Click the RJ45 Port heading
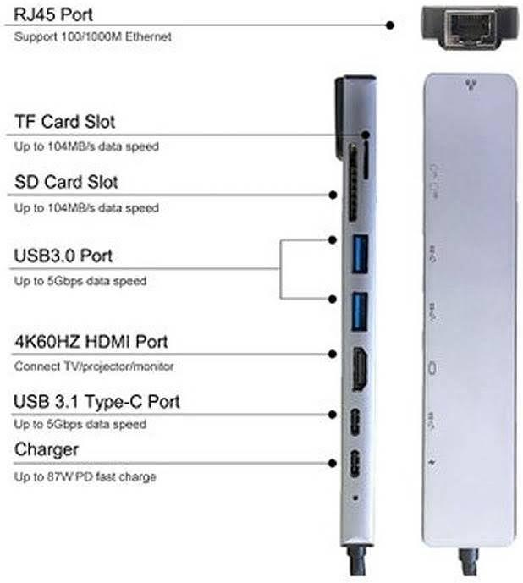[x=53, y=14]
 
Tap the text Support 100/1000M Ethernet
[x=92, y=37]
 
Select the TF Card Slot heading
[x=64, y=122]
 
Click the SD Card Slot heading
[x=66, y=182]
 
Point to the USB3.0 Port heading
[x=63, y=256]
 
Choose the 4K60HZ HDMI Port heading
[x=91, y=342]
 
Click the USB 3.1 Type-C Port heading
[x=96, y=402]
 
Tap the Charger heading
[x=47, y=450]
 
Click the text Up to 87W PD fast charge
[x=85, y=476]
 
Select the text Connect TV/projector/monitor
[x=94, y=366]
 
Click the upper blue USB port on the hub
[x=360, y=254]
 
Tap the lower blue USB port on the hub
[x=360, y=311]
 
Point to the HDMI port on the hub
[x=360, y=369]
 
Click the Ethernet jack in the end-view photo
[x=468, y=27]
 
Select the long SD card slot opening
[x=353, y=184]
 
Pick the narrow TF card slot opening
[x=366, y=161]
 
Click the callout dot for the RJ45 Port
[x=390, y=25]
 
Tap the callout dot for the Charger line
[x=333, y=464]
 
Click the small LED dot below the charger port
[x=355, y=498]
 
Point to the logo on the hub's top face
[x=471, y=85]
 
